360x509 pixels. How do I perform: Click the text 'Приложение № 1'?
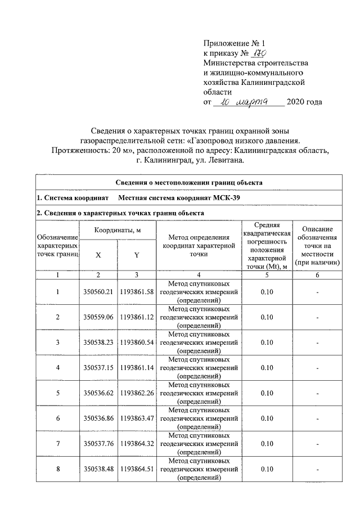[233, 43]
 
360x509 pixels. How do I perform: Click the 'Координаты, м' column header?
[117, 230]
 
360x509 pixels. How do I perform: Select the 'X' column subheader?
[98, 255]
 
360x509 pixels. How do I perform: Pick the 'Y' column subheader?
[136, 255]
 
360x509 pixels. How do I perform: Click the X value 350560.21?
[98, 291]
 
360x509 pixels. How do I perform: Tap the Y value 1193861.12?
[136, 317]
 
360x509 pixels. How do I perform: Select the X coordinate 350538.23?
[98, 342]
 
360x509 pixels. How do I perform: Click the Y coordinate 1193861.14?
[136, 367]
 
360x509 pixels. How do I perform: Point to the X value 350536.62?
[98, 393]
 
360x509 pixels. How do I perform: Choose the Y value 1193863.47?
[136, 418]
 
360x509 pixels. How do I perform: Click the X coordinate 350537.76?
[98, 443]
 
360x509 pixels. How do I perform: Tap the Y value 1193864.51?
[136, 469]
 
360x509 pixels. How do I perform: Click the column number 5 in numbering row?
[267, 274]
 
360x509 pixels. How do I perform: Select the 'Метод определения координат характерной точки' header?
[199, 246]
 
